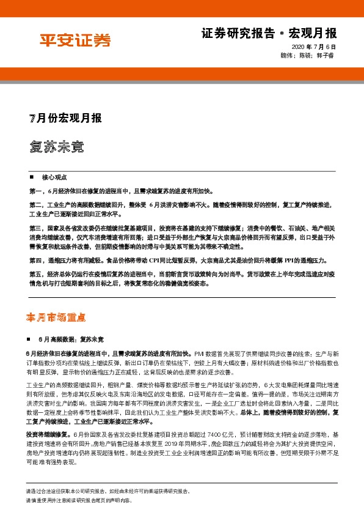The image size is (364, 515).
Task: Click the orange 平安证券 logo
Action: [x=76, y=41]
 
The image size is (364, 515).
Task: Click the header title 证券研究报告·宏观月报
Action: [x=269, y=32]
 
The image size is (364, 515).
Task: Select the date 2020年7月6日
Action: [x=315, y=47]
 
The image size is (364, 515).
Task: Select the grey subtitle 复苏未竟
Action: [x=56, y=147]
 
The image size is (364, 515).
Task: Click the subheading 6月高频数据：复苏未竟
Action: [x=71, y=338]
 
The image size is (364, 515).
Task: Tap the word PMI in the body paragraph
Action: [x=198, y=353]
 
